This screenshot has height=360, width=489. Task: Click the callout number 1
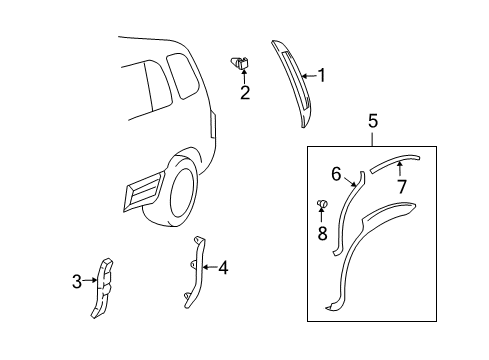pyautogui.click(x=322, y=73)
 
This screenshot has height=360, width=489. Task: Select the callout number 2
pyautogui.click(x=243, y=94)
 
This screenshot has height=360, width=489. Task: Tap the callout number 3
pyautogui.click(x=76, y=283)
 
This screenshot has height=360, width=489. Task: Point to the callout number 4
pyautogui.click(x=223, y=267)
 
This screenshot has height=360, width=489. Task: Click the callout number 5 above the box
pyautogui.click(x=372, y=121)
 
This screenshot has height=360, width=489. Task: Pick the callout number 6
pyautogui.click(x=337, y=174)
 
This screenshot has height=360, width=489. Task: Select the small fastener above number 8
pyautogui.click(x=323, y=206)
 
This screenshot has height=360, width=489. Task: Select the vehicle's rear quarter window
pyautogui.click(x=183, y=76)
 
